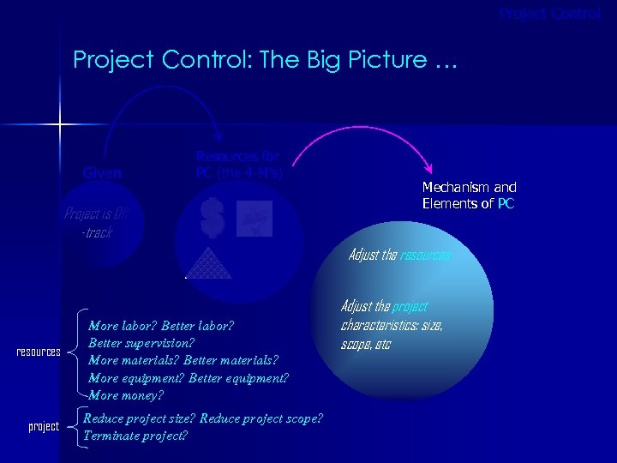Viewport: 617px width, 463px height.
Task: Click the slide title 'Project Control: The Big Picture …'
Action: tap(266, 60)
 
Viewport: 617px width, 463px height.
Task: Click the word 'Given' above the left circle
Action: tap(102, 172)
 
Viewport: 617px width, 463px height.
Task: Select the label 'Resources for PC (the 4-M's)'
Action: tap(239, 164)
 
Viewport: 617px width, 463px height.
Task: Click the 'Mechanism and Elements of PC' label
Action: tap(469, 195)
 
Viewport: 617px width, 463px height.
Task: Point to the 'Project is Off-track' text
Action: tap(96, 223)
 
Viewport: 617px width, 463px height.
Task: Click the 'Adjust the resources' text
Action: tap(398, 256)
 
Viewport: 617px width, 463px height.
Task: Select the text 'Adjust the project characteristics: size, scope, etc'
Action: tap(392, 325)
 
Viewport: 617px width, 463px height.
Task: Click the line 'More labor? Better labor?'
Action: tap(161, 326)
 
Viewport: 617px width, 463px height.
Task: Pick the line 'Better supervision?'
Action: tap(141, 343)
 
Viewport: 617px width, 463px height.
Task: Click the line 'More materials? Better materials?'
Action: tap(183, 360)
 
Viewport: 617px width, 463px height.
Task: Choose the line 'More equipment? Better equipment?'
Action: tap(189, 378)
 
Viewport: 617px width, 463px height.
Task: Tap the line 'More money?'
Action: tap(125, 395)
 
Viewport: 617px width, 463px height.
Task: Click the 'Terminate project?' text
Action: tap(135, 435)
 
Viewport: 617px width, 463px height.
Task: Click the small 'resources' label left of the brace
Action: tap(39, 352)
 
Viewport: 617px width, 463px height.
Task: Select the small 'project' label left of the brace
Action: tap(44, 426)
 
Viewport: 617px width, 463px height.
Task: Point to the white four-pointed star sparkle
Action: tap(60, 126)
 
